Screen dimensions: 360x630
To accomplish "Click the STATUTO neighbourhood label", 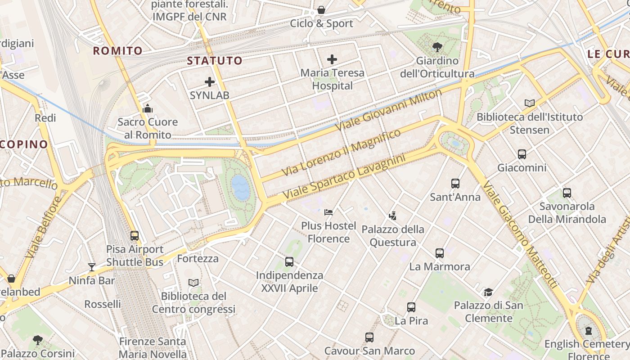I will coord(214,61).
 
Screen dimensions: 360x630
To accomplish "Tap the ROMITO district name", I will coord(117,51).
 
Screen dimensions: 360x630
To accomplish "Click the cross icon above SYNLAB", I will coord(210,82).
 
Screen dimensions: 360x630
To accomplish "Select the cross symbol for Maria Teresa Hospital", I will coord(332,59).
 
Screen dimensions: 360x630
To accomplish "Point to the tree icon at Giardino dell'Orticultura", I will coord(437,47).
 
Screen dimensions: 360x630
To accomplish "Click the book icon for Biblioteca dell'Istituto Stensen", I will coord(530,103).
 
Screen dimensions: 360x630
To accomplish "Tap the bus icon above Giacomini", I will coord(522,154).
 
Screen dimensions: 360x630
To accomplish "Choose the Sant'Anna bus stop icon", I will coord(455,184).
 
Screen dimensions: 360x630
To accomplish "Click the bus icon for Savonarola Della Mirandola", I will coord(567,193).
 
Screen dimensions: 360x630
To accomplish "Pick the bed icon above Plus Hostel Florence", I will coord(328,212).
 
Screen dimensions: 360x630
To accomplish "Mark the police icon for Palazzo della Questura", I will coord(393,216).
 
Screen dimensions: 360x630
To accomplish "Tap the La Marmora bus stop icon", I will coord(440,253).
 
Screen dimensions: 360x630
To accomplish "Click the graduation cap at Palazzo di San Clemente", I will coord(489,292).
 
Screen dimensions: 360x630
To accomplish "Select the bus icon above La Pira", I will coord(411,307).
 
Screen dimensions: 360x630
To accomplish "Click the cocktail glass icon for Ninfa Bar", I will coord(92,267).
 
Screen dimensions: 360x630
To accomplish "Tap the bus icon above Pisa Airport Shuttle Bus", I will coord(135,235).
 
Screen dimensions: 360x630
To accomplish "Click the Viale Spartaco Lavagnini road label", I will coord(344,177).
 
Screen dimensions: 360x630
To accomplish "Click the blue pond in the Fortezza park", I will coord(240,187).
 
